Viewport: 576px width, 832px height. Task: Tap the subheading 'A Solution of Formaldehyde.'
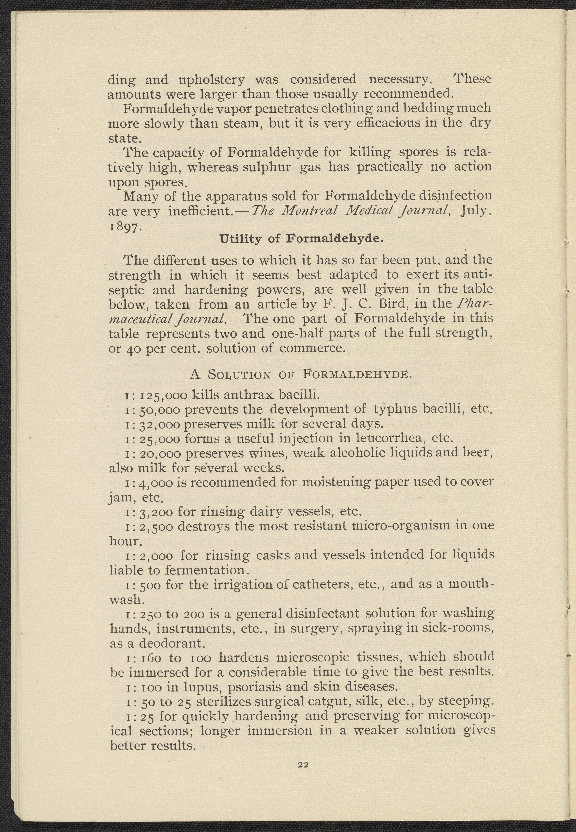coord(300,375)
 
